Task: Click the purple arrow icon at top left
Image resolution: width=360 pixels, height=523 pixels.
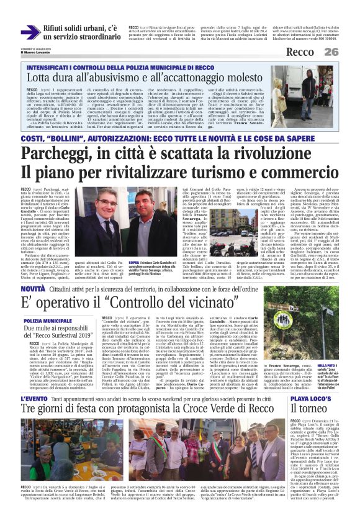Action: (29, 32)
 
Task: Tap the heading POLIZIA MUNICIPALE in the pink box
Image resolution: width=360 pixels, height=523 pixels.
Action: (48, 321)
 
